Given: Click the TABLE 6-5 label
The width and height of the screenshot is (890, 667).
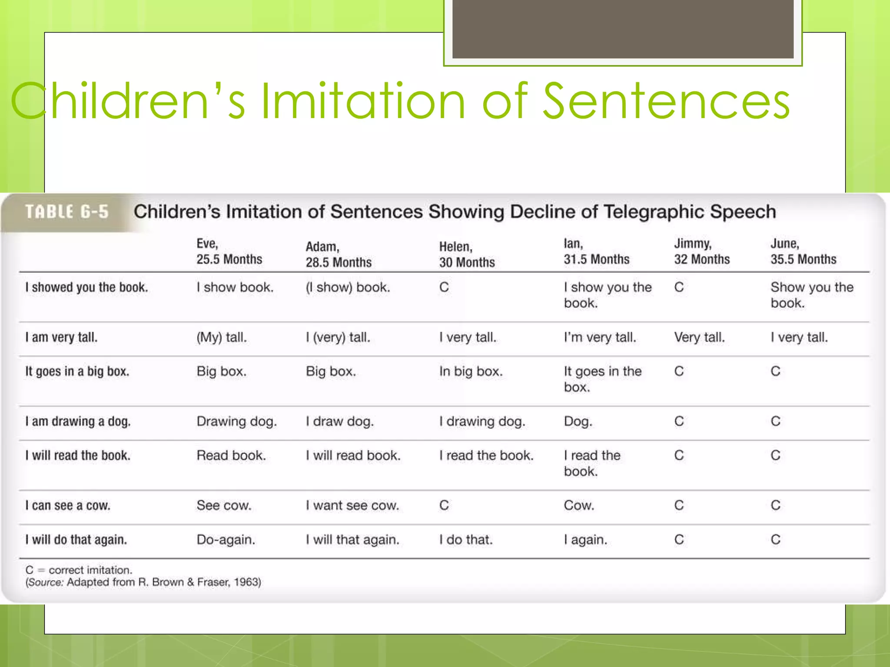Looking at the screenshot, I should click(67, 212).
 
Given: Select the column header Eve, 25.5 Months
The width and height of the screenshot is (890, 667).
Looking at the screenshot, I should click(229, 251).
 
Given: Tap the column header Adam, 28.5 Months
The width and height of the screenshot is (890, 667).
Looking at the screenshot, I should click(339, 254).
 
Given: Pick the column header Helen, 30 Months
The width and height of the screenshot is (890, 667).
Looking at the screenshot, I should click(467, 254).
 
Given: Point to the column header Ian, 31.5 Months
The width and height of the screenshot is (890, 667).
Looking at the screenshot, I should click(596, 251).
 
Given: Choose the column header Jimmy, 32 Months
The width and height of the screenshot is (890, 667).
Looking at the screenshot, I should click(702, 251).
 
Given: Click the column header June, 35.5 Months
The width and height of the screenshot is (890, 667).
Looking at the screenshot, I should click(803, 251).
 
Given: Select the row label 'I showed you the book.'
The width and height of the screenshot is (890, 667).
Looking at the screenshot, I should click(86, 287).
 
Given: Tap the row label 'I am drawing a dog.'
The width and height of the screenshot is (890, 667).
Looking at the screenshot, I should click(78, 421).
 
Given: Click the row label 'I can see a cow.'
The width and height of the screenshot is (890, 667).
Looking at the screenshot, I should click(68, 505).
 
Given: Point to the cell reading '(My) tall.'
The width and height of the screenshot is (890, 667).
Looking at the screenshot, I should click(222, 337).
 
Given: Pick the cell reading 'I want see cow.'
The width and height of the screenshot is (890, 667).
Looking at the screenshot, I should click(352, 505).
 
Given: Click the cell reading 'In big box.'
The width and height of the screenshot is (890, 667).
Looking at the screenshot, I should click(471, 371).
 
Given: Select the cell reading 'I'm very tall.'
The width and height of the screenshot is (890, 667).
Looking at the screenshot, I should click(600, 337).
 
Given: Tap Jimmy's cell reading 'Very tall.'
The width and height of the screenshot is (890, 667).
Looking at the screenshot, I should click(699, 337).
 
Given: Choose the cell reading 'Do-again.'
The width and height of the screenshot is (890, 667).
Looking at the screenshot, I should click(226, 540).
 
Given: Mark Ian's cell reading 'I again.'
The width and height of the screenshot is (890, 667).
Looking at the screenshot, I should click(585, 540).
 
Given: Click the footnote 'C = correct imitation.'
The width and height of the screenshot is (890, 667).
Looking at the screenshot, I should click(79, 570).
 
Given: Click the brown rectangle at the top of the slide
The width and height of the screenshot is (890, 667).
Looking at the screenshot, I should click(623, 29).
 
